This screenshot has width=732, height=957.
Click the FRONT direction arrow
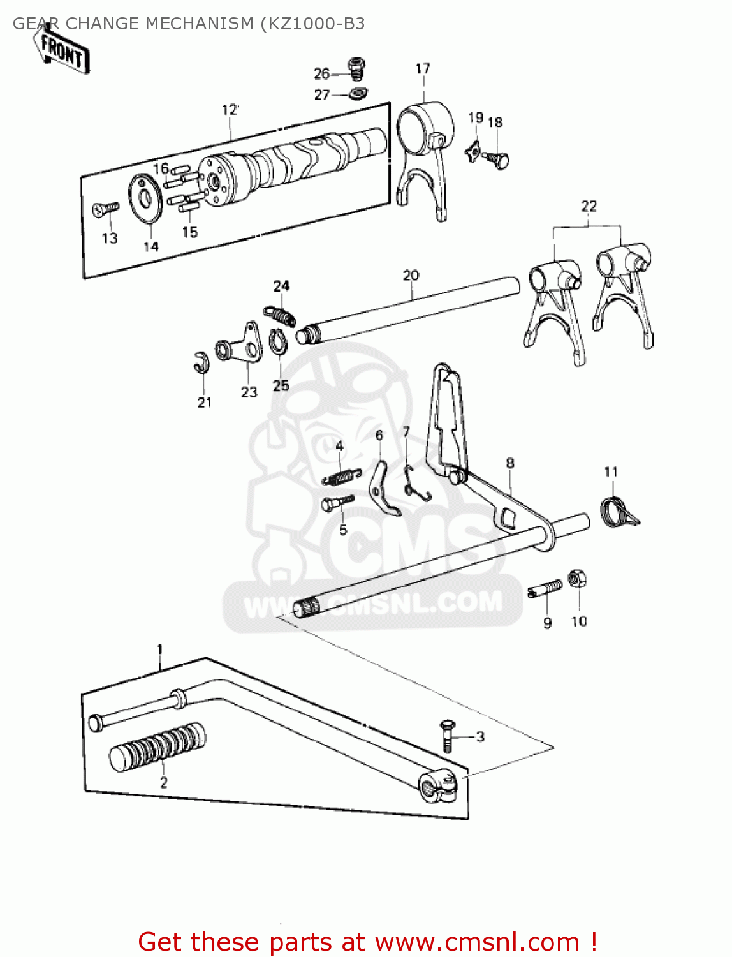click(62, 51)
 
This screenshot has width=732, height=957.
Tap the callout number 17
click(423, 69)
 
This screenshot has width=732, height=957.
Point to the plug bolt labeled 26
click(356, 67)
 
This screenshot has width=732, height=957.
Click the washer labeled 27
click(358, 94)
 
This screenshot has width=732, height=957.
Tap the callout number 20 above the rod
click(411, 276)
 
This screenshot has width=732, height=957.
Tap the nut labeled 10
click(576, 579)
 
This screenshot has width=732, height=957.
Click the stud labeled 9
click(546, 588)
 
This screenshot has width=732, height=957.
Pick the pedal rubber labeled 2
click(157, 747)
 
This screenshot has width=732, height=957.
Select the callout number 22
click(589, 206)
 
